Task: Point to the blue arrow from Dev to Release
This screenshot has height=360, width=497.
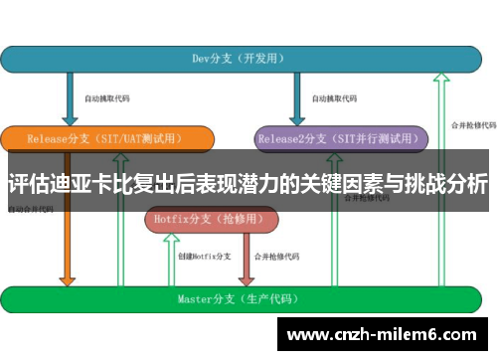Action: (69, 99)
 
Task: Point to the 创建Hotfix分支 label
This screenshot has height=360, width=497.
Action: (205, 256)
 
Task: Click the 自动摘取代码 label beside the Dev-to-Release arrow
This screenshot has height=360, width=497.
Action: (107, 98)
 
